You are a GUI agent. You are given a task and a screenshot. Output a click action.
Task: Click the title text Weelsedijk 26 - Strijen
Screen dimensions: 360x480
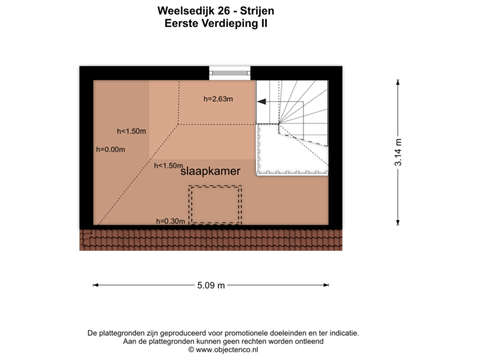[x=215, y=11]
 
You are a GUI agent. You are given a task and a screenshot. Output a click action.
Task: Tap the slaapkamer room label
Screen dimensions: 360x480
[x=210, y=171]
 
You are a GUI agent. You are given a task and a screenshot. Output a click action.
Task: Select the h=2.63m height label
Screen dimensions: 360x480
[x=218, y=99]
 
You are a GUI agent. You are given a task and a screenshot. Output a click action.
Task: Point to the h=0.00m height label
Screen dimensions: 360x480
[x=111, y=149]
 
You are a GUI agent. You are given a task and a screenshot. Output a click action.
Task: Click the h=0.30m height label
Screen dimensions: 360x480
[x=170, y=221]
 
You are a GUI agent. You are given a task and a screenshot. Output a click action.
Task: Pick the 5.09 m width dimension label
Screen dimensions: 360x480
[x=211, y=285]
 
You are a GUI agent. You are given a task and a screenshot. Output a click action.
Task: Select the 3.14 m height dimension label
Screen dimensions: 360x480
[x=398, y=152]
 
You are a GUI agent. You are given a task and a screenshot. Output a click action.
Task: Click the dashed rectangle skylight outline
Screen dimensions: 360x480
[x=215, y=205]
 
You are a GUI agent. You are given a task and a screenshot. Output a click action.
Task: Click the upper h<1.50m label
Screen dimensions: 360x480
[x=131, y=131]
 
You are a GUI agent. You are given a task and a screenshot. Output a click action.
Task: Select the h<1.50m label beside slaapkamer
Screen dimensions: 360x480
[x=168, y=165]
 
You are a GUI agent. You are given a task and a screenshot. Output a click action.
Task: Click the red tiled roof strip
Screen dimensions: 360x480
[x=211, y=240]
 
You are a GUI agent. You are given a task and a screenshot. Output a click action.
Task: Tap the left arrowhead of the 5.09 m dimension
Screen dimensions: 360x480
[x=95, y=285]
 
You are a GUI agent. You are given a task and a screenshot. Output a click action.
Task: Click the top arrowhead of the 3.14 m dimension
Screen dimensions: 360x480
[x=398, y=81]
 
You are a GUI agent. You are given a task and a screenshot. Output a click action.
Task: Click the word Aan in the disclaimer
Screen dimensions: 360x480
[x=129, y=341]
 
